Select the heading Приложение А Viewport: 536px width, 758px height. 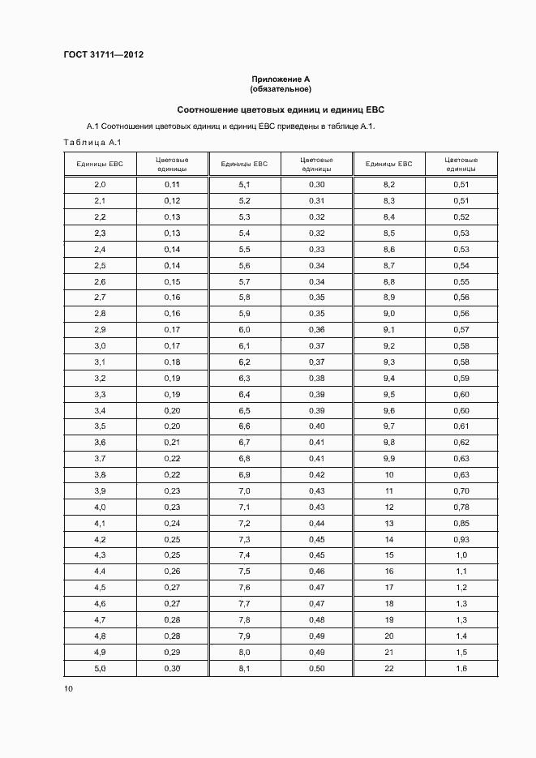click(281, 79)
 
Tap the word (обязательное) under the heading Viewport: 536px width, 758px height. click(281, 88)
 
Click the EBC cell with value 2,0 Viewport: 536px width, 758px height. click(101, 186)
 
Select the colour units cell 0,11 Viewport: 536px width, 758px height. click(172, 186)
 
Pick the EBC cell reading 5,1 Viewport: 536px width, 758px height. click(245, 186)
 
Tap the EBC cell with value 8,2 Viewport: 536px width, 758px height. click(388, 186)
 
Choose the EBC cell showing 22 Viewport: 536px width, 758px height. click(388, 667)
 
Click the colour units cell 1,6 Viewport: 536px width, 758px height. click(461, 667)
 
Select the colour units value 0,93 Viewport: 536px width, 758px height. click(461, 539)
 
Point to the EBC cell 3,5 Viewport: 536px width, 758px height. click(101, 426)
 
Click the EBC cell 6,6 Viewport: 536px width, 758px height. click(245, 426)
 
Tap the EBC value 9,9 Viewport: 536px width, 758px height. click(388, 459)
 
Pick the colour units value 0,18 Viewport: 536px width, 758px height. click(172, 362)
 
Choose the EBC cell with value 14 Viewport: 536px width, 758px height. click(388, 539)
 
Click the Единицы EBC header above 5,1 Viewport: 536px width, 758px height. click(245, 164)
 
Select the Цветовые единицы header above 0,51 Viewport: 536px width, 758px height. click(461, 165)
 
